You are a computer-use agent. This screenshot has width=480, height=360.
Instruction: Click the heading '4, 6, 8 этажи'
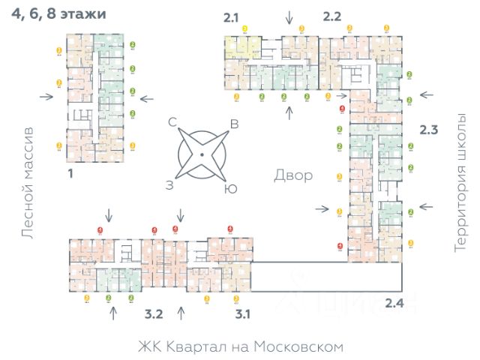[x=58, y=14]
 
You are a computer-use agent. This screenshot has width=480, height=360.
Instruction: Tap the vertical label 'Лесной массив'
[x=28, y=183]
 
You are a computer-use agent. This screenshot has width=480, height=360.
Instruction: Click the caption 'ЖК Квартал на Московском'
[x=240, y=346]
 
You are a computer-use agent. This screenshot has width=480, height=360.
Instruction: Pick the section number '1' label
[x=70, y=174]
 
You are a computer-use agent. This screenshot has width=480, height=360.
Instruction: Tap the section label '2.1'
[x=232, y=16]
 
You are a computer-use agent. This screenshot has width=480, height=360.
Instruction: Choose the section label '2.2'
[x=332, y=16]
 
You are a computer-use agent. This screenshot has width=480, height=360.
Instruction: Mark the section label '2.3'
[x=427, y=130]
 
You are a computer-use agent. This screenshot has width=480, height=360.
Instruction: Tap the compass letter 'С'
[x=172, y=121]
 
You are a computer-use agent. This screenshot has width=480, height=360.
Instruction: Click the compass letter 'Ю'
[x=231, y=189]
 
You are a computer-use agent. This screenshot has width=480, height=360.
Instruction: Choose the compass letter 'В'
[x=233, y=124]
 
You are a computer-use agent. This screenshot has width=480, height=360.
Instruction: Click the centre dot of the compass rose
[x=202, y=155]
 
